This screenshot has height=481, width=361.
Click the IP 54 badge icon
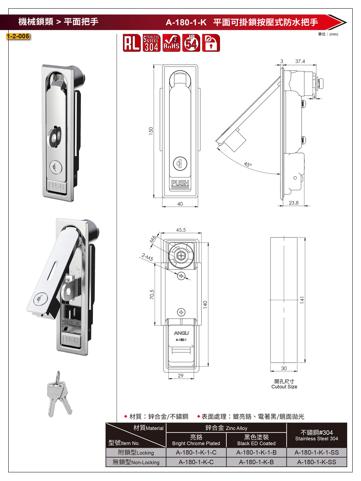tap(191, 43)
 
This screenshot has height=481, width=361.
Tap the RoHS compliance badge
tap(171, 43)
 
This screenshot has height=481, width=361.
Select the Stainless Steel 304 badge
tap(152, 43)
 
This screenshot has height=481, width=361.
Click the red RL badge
tap(132, 43)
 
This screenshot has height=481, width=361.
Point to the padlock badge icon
tap(211, 43)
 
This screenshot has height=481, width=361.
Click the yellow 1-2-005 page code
tap(18, 36)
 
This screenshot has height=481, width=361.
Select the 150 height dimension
tap(151, 131)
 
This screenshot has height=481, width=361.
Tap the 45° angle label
tap(248, 164)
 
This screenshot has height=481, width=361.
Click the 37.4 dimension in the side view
tap(300, 61)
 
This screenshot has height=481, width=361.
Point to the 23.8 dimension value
tap(293, 203)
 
